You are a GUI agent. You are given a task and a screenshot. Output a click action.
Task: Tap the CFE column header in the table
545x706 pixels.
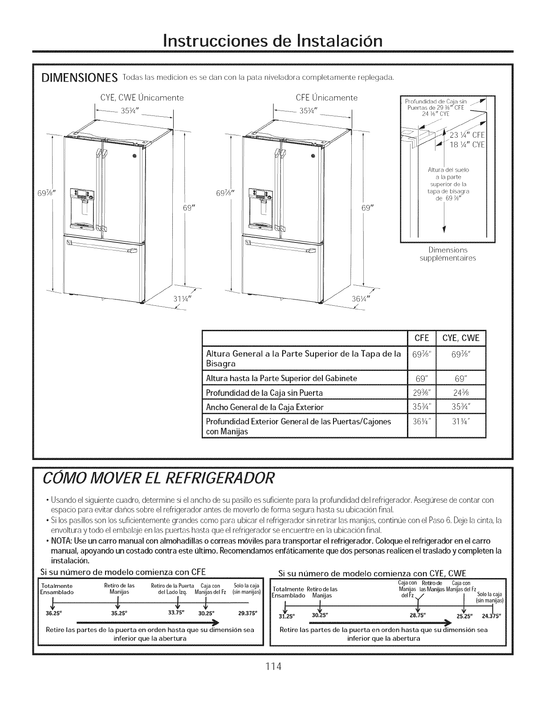421,338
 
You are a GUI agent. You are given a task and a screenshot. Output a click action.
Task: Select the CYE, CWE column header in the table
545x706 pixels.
461,338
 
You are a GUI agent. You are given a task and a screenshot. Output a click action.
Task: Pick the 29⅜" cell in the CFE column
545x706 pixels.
421,393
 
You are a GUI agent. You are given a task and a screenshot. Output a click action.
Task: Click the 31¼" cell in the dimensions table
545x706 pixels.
461,421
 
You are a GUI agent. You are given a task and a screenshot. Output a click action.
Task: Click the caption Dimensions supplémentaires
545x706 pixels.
448,254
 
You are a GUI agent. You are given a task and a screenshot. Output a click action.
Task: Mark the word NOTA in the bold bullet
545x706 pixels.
63,541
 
